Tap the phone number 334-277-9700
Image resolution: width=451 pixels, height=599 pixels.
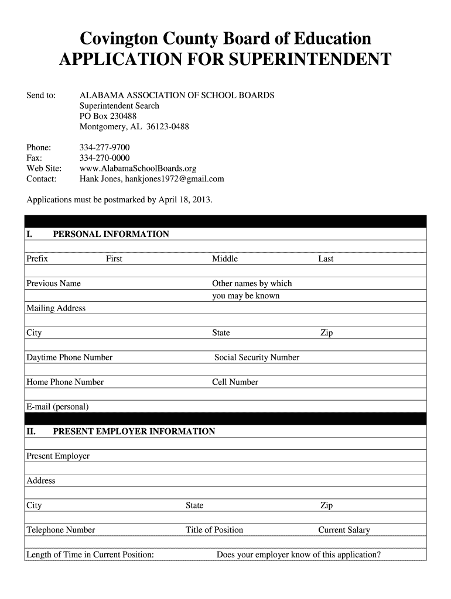(105, 147)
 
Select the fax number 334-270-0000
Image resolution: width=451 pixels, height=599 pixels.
(105, 158)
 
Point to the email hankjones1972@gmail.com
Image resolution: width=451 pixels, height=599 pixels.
(175, 179)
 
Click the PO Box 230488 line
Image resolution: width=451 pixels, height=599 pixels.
(108, 116)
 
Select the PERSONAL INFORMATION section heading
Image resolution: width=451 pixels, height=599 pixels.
(111, 235)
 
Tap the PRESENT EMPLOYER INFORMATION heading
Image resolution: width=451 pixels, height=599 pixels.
(134, 432)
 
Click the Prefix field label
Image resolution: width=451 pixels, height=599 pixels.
(37, 259)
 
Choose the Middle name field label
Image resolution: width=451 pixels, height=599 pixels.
(225, 259)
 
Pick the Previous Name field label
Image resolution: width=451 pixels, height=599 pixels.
(54, 284)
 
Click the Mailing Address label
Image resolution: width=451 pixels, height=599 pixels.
(56, 308)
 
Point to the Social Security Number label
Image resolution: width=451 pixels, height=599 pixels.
(257, 357)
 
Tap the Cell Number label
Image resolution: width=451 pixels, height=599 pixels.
(235, 382)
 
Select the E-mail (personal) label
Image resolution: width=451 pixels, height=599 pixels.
(58, 407)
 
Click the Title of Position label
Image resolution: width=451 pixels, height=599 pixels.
(214, 530)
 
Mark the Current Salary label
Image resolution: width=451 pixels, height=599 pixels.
(344, 530)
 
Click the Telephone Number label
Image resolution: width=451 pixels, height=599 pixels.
(61, 530)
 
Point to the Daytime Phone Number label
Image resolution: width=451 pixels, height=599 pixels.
(70, 357)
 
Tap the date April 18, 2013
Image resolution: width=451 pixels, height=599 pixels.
(185, 200)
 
